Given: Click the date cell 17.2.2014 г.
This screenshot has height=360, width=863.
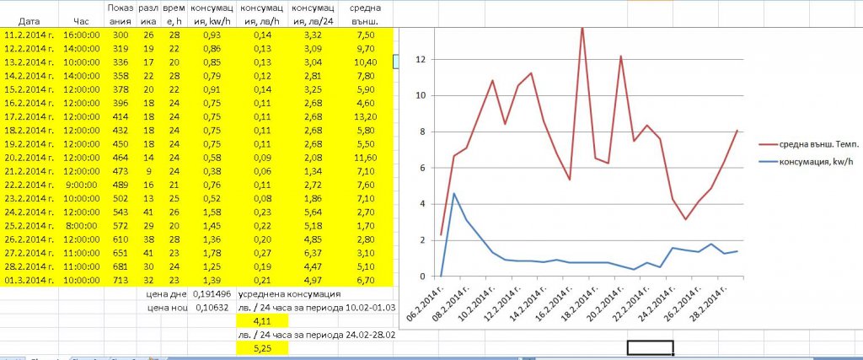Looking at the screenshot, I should (29, 115).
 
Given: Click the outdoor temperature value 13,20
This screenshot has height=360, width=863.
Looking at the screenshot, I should (366, 115).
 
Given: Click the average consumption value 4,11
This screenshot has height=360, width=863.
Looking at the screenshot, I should (260, 320).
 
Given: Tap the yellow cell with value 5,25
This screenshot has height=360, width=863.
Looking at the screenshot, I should (260, 347).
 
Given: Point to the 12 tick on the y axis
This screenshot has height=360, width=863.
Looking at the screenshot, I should (424, 60).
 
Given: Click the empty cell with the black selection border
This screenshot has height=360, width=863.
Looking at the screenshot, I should (651, 347).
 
